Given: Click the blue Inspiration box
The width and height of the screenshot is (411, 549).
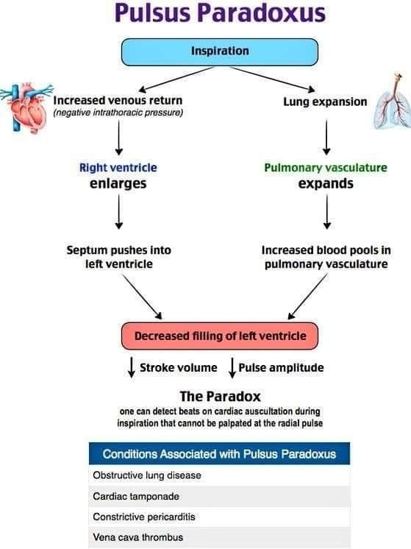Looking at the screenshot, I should [x=220, y=52].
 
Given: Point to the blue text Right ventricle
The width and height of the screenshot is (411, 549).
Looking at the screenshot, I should [x=118, y=167].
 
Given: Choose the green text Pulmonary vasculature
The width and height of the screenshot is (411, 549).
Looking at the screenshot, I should [x=326, y=167].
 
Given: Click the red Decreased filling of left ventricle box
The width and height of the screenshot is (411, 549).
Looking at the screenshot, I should [x=219, y=336].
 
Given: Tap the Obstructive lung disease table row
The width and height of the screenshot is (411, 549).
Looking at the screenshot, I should [x=219, y=475].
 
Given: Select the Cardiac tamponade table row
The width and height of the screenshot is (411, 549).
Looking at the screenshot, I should [x=219, y=496].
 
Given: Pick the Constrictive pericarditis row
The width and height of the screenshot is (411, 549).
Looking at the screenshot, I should [x=219, y=517].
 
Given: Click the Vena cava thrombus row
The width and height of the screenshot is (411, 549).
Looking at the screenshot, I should [x=219, y=537].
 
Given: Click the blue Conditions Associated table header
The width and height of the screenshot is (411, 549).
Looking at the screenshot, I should [x=219, y=453].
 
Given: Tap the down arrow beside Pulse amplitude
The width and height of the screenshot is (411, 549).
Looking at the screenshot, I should [x=232, y=366].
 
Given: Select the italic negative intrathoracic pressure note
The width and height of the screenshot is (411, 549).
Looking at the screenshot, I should [x=118, y=113].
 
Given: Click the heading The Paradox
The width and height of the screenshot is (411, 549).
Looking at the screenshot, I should [x=219, y=396].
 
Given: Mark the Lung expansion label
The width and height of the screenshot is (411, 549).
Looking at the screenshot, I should [x=325, y=102].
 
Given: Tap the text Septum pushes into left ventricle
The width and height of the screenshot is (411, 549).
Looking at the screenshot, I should [x=118, y=257].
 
